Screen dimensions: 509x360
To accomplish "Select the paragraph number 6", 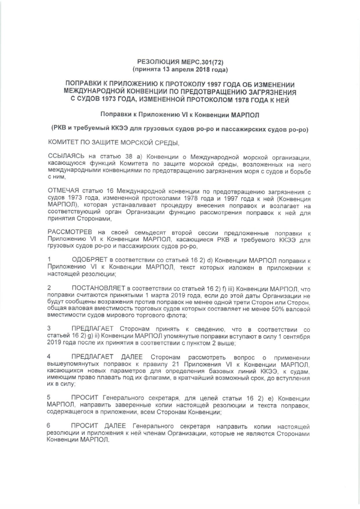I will coord(50,426).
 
